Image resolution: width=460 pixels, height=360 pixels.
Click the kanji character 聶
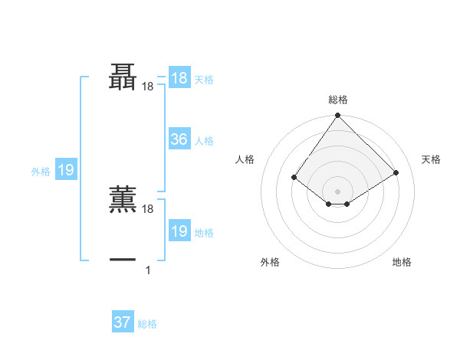pyautogui.click(x=123, y=77)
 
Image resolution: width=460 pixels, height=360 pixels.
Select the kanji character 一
pyautogui.click(x=123, y=260)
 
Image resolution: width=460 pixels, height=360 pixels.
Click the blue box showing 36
pyautogui.click(x=179, y=139)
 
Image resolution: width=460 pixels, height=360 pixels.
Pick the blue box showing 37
pyautogui.click(x=123, y=322)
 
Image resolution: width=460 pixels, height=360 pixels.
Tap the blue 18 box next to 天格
pyautogui.click(x=179, y=78)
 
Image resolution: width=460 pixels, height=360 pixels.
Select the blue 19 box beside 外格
pyautogui.click(x=66, y=170)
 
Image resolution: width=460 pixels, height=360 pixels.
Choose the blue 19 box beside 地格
pyautogui.click(x=179, y=231)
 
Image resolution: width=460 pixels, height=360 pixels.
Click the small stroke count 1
pyautogui.click(x=148, y=270)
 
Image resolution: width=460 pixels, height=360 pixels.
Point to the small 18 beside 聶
pyautogui.click(x=148, y=87)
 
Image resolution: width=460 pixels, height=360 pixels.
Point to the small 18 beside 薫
pyautogui.click(x=148, y=208)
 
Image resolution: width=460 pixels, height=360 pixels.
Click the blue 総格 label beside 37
pyautogui.click(x=147, y=324)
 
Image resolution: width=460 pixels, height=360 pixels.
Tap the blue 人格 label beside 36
pyautogui.click(x=204, y=141)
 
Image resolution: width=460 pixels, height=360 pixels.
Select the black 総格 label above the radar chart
pyautogui.click(x=338, y=100)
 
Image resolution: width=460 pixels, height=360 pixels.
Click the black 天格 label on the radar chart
pyautogui.click(x=431, y=159)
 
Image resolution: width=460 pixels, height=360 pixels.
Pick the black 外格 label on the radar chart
pyautogui.click(x=270, y=263)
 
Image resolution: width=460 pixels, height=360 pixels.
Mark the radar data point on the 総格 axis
pyautogui.click(x=338, y=116)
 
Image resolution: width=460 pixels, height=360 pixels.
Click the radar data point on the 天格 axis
pyautogui.click(x=396, y=173)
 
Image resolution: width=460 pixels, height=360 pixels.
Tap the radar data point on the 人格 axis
pyautogui.click(x=294, y=177)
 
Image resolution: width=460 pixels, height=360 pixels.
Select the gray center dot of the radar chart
pyautogui.click(x=338, y=191)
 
